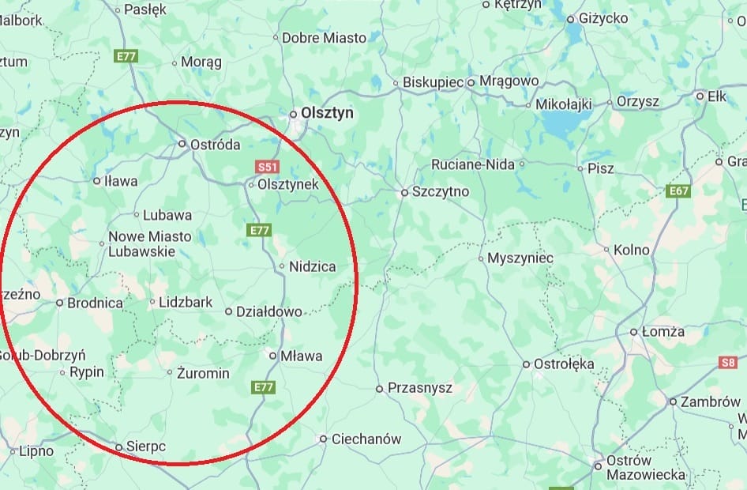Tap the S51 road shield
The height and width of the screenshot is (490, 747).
[268, 168]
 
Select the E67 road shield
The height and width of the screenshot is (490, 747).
[678, 191]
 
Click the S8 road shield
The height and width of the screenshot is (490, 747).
[728, 363]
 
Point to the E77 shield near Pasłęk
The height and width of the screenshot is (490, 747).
[126, 56]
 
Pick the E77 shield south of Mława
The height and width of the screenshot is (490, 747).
[264, 387]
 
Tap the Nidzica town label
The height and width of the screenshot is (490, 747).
[313, 267]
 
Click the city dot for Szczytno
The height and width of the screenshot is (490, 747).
[404, 192]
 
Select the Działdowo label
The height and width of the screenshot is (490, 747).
[269, 312]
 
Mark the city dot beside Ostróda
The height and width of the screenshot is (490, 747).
[182, 144]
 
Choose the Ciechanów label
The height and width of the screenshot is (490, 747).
[366, 439]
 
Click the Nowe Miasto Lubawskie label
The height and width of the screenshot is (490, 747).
[149, 244]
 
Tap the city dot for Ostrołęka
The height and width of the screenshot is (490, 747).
[527, 364]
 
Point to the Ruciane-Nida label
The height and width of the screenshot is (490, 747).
[472, 165]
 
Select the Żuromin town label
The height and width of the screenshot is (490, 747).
[203, 373]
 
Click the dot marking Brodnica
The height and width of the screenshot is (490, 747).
[59, 303]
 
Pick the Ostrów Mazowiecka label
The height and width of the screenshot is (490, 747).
[645, 468]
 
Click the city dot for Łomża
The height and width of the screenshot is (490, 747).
[634, 332]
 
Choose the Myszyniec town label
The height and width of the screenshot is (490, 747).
[520, 258]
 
